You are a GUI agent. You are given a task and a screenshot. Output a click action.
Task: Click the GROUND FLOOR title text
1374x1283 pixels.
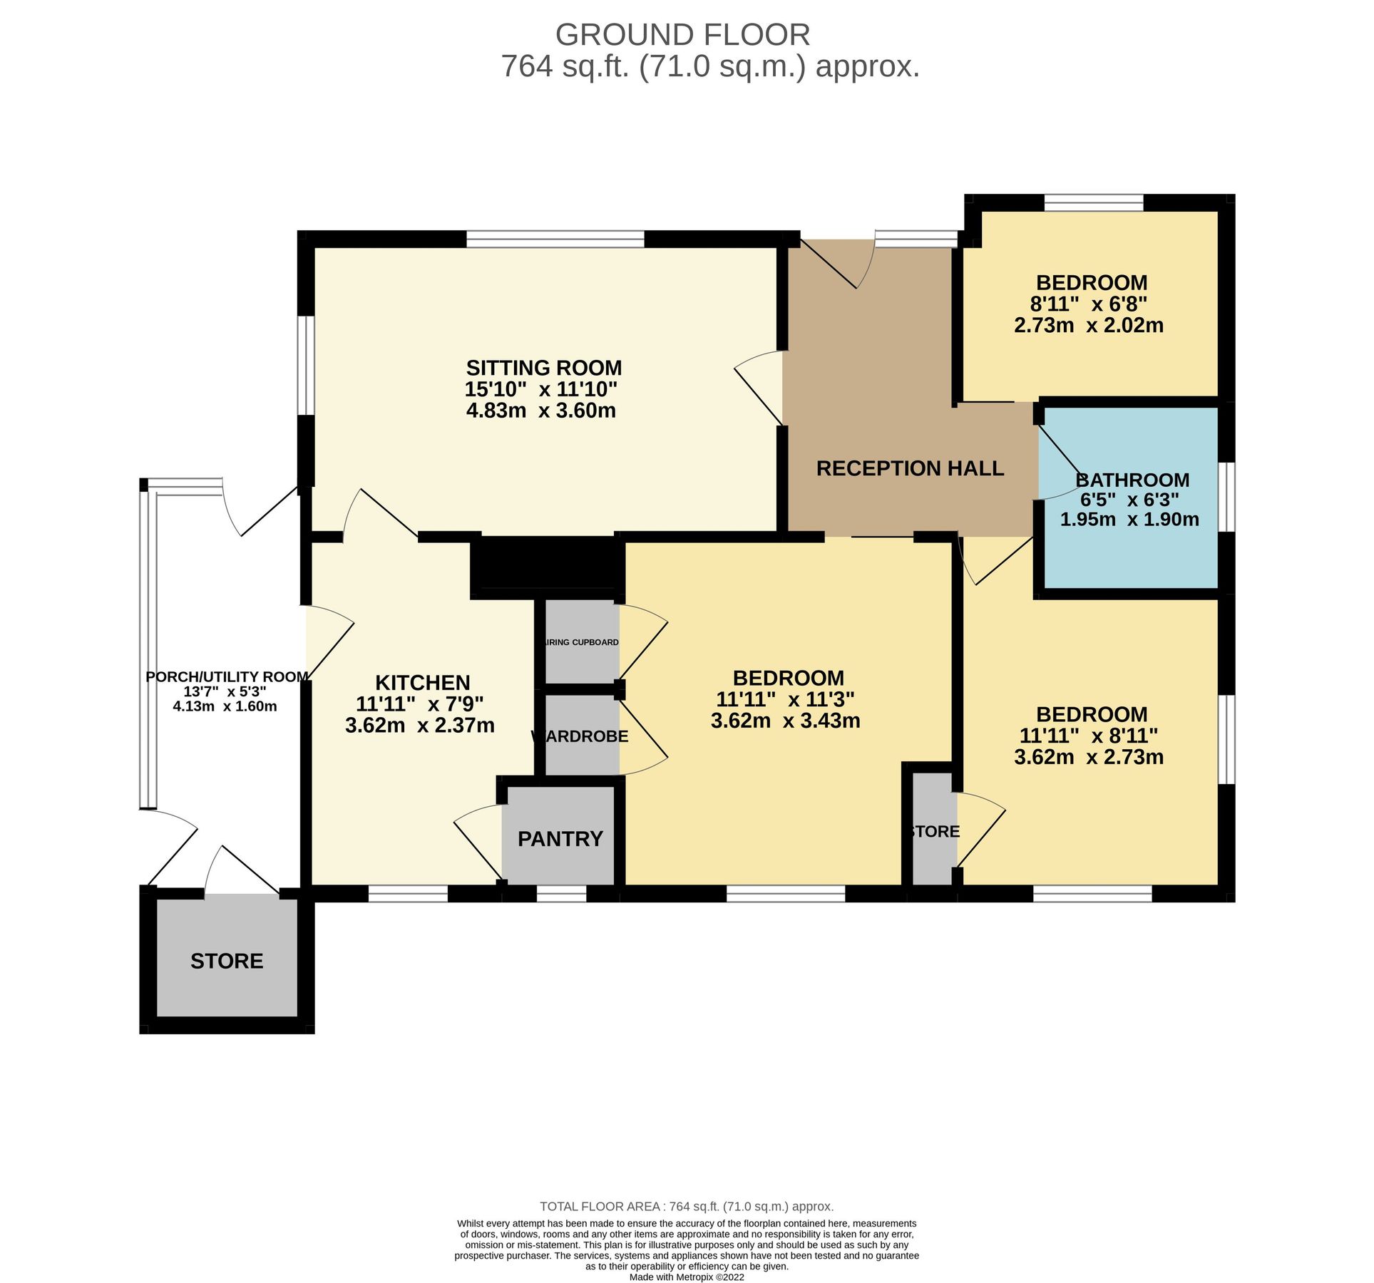(x=682, y=34)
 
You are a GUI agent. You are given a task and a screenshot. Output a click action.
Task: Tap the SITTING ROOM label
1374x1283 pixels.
(x=543, y=368)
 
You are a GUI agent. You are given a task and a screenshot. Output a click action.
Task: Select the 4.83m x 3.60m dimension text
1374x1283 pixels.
(x=540, y=411)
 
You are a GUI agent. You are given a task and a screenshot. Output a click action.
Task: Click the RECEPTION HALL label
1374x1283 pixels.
(x=909, y=468)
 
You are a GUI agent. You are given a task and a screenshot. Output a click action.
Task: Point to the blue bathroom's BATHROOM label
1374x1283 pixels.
(x=1132, y=480)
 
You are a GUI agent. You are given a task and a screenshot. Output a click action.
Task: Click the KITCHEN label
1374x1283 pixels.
(x=422, y=682)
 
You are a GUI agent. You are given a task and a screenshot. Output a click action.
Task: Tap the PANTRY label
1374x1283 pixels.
(x=560, y=838)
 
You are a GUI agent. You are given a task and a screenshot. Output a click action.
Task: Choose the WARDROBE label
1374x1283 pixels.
(x=580, y=736)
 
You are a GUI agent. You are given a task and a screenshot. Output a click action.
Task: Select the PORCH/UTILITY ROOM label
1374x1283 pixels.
(x=227, y=676)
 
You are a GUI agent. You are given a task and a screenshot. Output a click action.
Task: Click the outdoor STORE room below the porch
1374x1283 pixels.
(x=226, y=961)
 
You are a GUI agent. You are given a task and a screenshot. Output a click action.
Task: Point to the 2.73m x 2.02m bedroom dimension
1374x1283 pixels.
(x=1088, y=326)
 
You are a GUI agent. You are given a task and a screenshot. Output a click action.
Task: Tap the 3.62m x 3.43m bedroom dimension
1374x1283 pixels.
(x=785, y=721)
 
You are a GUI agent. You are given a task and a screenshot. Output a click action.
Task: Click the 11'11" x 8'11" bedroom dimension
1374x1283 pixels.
(x=1088, y=735)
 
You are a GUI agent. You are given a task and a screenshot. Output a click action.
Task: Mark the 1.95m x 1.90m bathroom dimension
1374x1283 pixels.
(x=1129, y=519)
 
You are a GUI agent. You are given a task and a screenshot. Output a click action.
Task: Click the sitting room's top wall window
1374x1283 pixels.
(x=555, y=239)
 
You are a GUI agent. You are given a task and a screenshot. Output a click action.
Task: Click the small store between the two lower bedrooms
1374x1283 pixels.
(x=933, y=831)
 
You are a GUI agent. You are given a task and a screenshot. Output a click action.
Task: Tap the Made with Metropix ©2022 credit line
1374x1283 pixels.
(x=686, y=1277)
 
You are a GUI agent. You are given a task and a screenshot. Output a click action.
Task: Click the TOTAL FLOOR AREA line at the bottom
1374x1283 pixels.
(x=686, y=1206)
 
